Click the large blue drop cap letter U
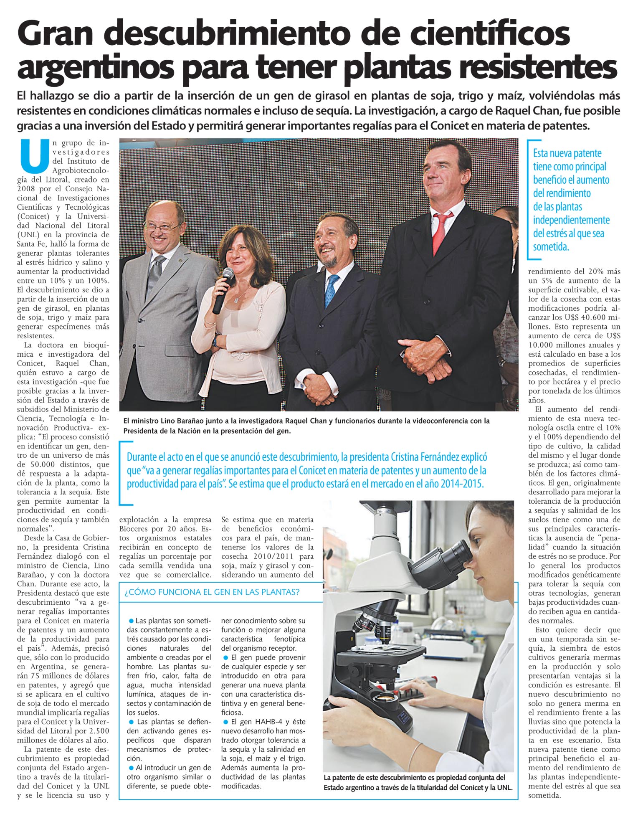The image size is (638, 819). [34, 156]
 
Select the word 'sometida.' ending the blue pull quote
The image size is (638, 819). [551, 247]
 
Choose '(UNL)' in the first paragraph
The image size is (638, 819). [28, 235]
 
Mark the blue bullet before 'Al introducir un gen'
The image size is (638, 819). [132, 768]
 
